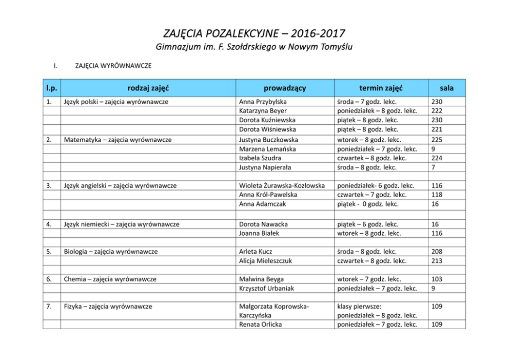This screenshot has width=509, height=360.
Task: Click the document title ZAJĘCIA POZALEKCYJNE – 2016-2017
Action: pos(254,34)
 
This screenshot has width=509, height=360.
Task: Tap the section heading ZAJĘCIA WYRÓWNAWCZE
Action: pos(113,66)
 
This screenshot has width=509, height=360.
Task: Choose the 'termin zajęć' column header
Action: pos(381,88)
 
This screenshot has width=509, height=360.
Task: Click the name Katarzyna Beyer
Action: pos(263,111)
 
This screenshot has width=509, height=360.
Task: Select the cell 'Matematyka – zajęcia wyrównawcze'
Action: pos(118,140)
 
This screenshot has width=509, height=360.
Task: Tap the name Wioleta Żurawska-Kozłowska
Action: pos(282,185)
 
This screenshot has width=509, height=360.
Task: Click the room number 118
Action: pos(437,195)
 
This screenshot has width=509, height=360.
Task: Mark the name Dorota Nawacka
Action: pos(263,224)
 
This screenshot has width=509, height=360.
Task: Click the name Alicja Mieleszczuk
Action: pos(265,261)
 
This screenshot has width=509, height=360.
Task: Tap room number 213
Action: pos(437,261)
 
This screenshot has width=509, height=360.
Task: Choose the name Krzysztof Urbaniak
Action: pos(266,289)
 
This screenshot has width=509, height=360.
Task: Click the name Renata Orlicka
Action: pos(261,325)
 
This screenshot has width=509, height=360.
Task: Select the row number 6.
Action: pos(48,279)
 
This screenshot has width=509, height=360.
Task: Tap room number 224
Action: pos(437,158)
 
